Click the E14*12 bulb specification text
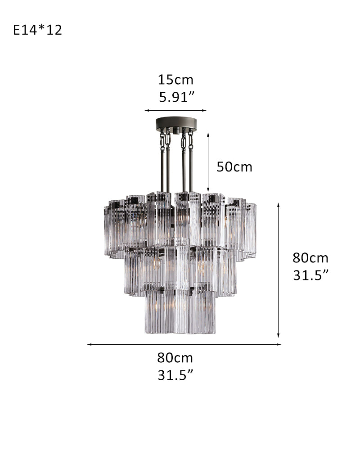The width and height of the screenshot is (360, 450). [38, 30]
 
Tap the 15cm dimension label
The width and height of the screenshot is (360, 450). [175, 80]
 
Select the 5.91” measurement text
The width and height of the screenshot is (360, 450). [177, 97]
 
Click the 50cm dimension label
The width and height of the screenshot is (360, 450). [234, 167]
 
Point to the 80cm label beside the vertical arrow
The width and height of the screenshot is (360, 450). [310, 258]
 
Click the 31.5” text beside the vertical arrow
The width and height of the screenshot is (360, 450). [310, 275]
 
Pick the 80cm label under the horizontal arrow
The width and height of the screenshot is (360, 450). [175, 358]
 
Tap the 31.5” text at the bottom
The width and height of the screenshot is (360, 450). [175, 375]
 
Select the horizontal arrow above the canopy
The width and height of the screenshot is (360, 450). [175, 110]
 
